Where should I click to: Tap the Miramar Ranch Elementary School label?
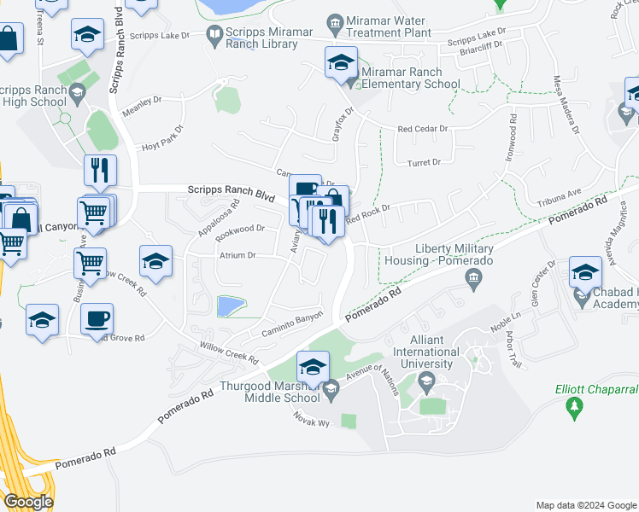click(410, 78)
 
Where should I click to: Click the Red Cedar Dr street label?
click(423, 129)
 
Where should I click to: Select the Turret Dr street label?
click(424, 162)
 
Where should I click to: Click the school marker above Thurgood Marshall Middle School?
click(313, 366)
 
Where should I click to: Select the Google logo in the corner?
click(27, 502)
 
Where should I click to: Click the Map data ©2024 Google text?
click(585, 505)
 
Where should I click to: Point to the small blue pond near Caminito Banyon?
click(229, 305)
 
